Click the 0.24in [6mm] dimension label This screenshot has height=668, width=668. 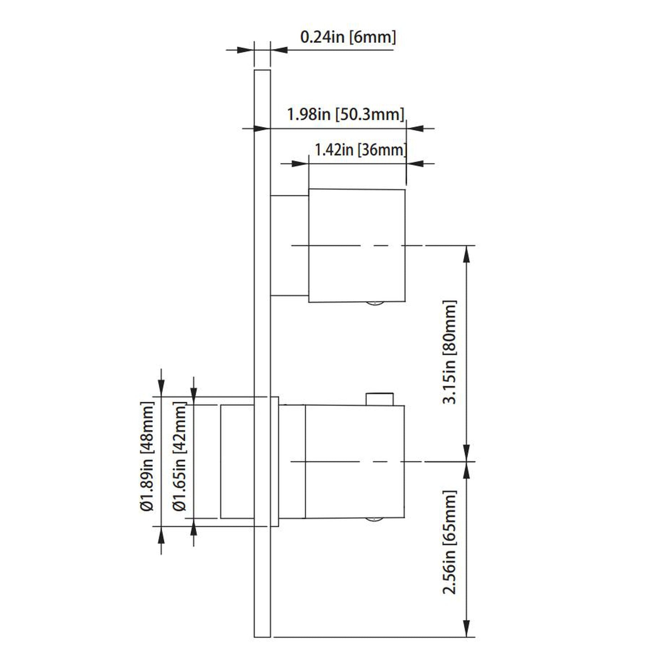point(347,37)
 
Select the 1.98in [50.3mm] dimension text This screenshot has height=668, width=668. point(345,114)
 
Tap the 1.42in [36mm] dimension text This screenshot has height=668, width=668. point(360,150)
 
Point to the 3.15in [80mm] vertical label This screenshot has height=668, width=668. point(450,352)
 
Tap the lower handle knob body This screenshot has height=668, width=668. point(355,462)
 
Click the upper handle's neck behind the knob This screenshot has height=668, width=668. point(289,245)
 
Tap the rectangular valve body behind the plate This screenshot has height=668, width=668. point(237,462)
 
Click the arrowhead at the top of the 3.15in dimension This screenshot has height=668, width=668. point(467,253)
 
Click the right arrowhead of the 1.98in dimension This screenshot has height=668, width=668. point(415,128)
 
